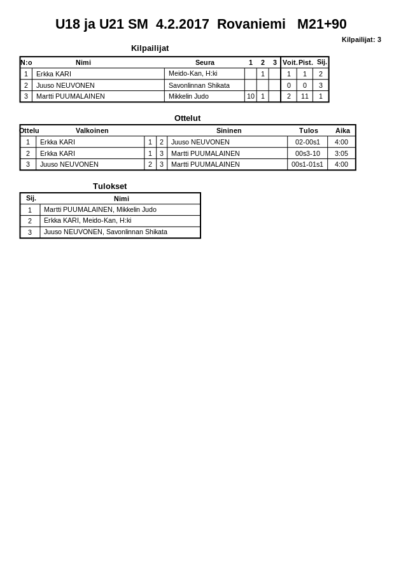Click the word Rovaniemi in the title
coord(251,24)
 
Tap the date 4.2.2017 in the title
coord(182,24)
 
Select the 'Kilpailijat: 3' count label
coord(361,39)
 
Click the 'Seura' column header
coord(204,62)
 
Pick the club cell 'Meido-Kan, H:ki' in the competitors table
coord(193,74)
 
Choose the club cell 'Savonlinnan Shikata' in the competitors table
coord(199,85)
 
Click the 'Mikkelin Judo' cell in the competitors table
coord(190,97)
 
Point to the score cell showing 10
coord(250,97)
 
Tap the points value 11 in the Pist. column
coord(305,97)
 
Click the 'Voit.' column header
coord(290,62)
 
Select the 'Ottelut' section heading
coord(187,118)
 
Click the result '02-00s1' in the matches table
coord(307,143)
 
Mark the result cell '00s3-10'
coord(307,153)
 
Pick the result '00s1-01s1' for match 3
coord(307,164)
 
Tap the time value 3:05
coord(341,153)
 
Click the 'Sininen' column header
coord(229,130)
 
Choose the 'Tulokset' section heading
coord(109,186)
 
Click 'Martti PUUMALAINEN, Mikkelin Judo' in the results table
coord(100,209)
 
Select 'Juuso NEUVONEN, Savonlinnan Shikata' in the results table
coord(105,232)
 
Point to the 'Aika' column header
coord(342,130)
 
